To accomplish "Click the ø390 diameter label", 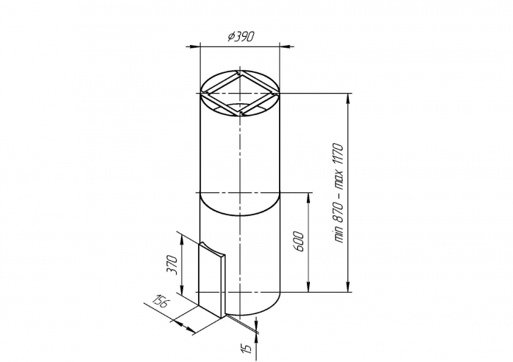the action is [241, 36].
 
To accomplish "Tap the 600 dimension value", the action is [299, 242].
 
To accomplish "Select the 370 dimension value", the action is [172, 265].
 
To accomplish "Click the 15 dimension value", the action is [248, 348].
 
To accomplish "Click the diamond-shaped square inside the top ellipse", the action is [240, 94].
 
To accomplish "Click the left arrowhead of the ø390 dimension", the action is [193, 46].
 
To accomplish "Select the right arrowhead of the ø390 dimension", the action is [286, 46].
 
